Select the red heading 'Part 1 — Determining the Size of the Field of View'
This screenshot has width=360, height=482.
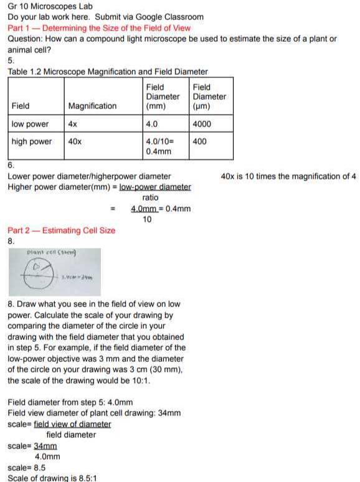point(99,28)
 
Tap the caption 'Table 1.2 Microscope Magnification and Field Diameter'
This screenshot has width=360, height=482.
point(108,72)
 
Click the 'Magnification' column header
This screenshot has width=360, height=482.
point(92,106)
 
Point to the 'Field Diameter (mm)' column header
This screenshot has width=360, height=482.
point(163,97)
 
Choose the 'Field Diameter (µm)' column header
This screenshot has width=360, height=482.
point(209,97)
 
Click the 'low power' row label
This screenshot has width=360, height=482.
point(30,124)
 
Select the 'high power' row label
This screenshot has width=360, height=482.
point(32,141)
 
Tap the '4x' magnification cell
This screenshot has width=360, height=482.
point(73,124)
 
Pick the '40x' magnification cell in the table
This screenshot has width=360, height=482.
point(75,141)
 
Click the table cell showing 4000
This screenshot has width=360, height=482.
point(202,124)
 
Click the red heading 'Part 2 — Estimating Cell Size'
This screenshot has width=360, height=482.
point(61,230)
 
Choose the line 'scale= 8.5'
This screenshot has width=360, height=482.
point(27,467)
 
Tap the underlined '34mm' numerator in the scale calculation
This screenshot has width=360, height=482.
point(45,446)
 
